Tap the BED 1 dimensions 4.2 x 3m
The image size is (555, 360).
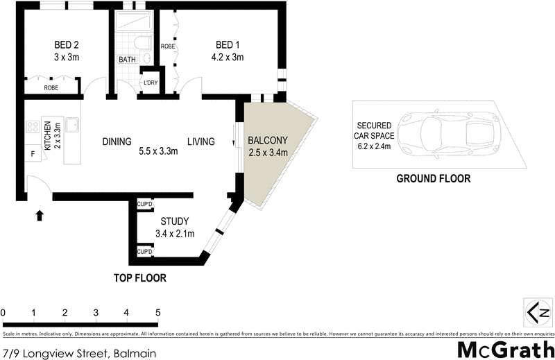pyautogui.click(x=228, y=58)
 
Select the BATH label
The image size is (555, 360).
pyautogui.click(x=127, y=60)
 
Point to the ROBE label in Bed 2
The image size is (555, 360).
pyautogui.click(x=51, y=88)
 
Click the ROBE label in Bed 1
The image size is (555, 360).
pyautogui.click(x=167, y=46)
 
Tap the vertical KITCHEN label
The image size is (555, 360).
pyautogui.click(x=48, y=135)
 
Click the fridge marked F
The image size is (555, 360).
pyautogui.click(x=31, y=153)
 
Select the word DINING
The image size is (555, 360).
pyautogui.click(x=117, y=142)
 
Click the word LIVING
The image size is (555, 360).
pyautogui.click(x=200, y=142)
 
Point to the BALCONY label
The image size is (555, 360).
pyautogui.click(x=268, y=140)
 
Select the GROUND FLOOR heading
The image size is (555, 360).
pyautogui.click(x=433, y=178)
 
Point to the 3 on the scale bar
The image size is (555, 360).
pyautogui.click(x=96, y=313)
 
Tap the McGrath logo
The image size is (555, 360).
pyautogui.click(x=505, y=348)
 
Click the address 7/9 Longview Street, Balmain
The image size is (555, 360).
pyautogui.click(x=78, y=352)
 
